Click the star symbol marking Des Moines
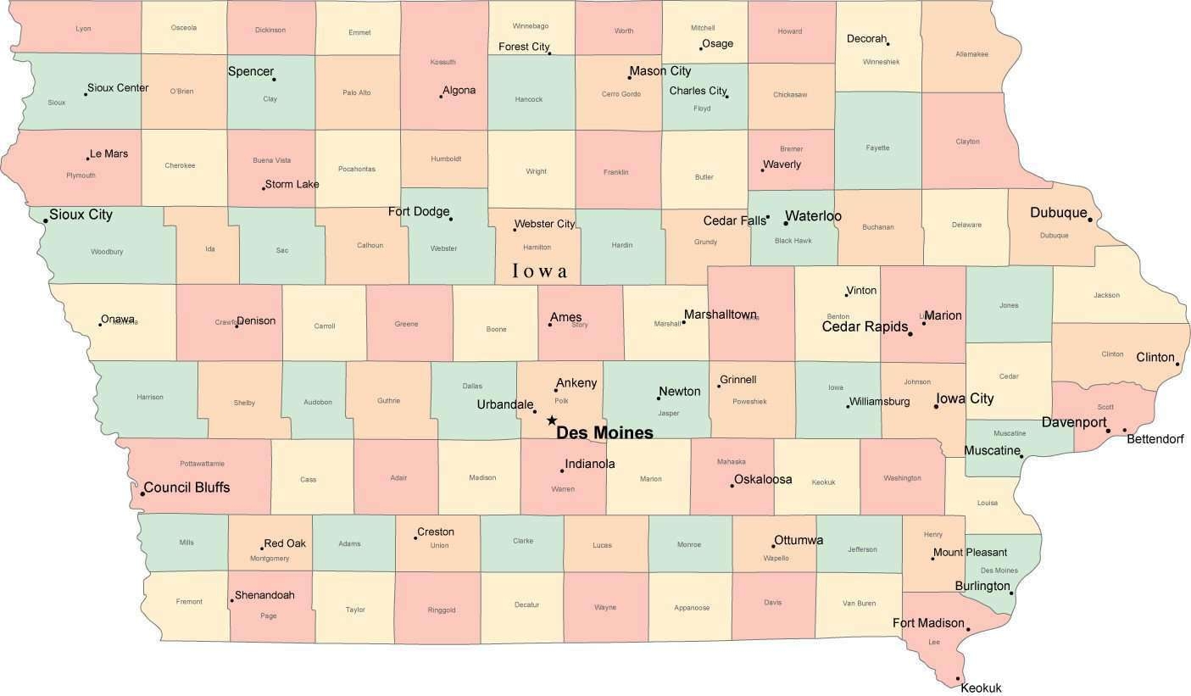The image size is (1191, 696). click(x=551, y=420)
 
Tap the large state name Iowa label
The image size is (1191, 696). click(x=540, y=271)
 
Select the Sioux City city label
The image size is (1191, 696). click(x=81, y=214)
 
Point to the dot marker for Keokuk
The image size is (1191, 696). click(x=958, y=678)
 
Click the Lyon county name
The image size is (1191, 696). click(x=83, y=29)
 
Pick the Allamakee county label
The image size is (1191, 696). click(x=971, y=54)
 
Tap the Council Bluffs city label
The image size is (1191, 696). click(x=186, y=487)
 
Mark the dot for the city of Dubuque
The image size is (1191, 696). click(x=1090, y=220)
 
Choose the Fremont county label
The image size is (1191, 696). click(x=189, y=602)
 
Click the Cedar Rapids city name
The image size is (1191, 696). click(x=865, y=326)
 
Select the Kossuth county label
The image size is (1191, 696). click(x=443, y=62)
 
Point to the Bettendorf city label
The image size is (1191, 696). click(x=1155, y=439)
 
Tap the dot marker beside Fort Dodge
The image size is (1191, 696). click(x=450, y=219)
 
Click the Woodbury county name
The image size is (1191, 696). click(x=107, y=252)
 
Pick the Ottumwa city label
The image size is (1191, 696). click(x=799, y=540)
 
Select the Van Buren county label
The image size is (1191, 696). click(x=859, y=604)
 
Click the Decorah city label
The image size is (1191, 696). click(x=866, y=39)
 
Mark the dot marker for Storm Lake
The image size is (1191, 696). click(x=264, y=187)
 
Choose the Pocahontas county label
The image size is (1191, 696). click(x=356, y=169)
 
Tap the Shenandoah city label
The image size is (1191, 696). click(x=264, y=595)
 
